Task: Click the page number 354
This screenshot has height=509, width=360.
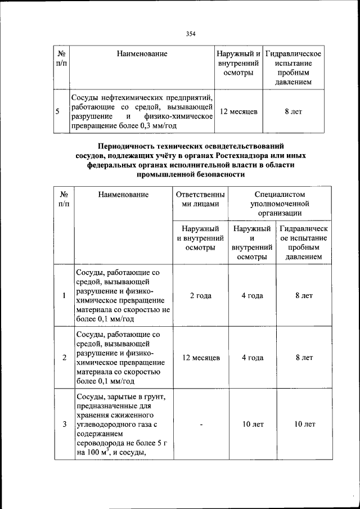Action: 191,34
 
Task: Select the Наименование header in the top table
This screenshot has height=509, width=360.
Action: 142,54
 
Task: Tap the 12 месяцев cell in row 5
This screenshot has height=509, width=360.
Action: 238,111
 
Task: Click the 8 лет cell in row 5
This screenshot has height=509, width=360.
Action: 293,111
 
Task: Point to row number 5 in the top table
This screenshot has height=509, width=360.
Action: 57,111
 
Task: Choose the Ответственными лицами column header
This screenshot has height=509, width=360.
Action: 200,199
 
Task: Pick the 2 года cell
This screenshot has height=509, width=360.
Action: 200,295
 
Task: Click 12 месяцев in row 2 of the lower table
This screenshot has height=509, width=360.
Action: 200,357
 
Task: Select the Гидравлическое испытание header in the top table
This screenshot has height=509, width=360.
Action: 293,54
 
